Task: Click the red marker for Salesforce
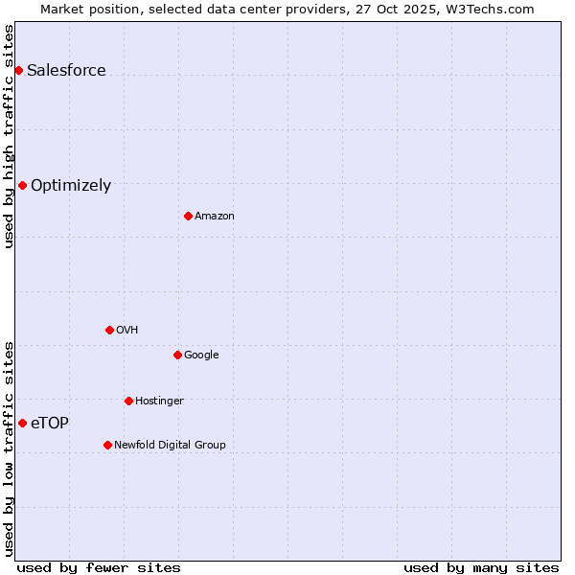click(18, 70)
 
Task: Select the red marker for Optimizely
click(22, 185)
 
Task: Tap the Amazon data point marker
click(188, 216)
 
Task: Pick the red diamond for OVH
click(109, 330)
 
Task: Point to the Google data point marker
click(177, 355)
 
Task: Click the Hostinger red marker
click(128, 401)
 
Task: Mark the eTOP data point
click(22, 423)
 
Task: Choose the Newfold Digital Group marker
click(107, 445)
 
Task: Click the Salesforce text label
click(66, 70)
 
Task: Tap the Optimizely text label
click(71, 186)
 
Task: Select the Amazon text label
click(215, 216)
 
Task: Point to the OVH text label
click(127, 330)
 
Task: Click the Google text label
click(201, 355)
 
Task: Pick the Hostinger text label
click(159, 401)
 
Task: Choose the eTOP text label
click(50, 423)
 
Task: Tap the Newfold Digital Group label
click(170, 445)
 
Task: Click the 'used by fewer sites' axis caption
click(99, 567)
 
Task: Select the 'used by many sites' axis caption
click(481, 567)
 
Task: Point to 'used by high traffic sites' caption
click(9, 136)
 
